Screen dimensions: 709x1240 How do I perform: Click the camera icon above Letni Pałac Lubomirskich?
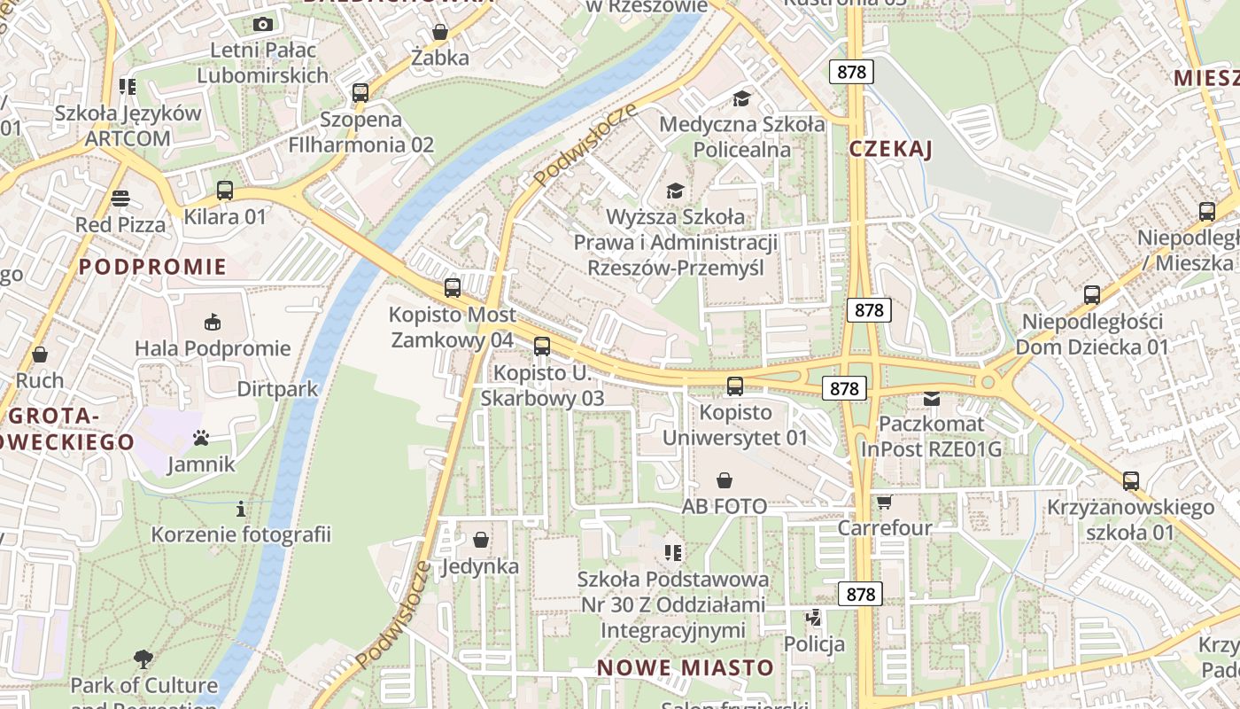click(x=262, y=25)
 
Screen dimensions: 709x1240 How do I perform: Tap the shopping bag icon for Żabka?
click(x=439, y=34)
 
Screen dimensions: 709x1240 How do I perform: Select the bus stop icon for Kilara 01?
click(x=225, y=191)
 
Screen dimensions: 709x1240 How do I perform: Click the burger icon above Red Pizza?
click(x=120, y=199)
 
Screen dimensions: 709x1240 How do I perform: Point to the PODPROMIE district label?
click(x=152, y=267)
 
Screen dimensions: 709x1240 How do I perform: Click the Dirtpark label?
click(x=277, y=389)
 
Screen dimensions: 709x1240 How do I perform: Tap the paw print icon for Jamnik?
click(x=201, y=438)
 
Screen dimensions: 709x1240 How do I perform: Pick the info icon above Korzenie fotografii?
click(x=240, y=509)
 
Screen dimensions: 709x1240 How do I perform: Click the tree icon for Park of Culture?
click(x=143, y=659)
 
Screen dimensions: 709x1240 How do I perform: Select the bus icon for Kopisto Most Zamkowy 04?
click(x=453, y=288)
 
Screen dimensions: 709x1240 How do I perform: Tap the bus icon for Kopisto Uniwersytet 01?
click(x=735, y=386)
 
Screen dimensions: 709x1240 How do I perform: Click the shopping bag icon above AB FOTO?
click(x=725, y=480)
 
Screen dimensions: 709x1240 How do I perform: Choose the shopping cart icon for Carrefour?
click(x=884, y=503)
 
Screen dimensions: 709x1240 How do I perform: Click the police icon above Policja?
click(x=813, y=617)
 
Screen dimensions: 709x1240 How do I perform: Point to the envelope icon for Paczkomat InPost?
click(x=931, y=399)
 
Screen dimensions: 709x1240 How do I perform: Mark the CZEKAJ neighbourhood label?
click(x=891, y=150)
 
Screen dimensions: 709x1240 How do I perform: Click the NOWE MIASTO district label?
click(x=686, y=667)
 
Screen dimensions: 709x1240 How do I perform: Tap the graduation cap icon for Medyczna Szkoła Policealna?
click(x=741, y=98)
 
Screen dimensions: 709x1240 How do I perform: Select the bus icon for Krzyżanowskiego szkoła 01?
click(x=1131, y=481)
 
